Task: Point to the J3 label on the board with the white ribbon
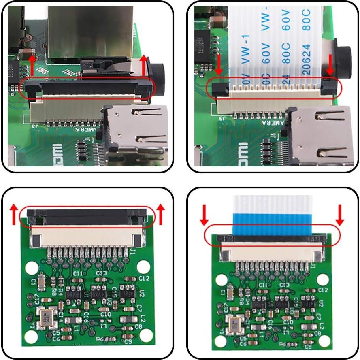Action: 222,118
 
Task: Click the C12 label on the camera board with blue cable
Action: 323,290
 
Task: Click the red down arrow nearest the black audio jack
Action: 330,65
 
